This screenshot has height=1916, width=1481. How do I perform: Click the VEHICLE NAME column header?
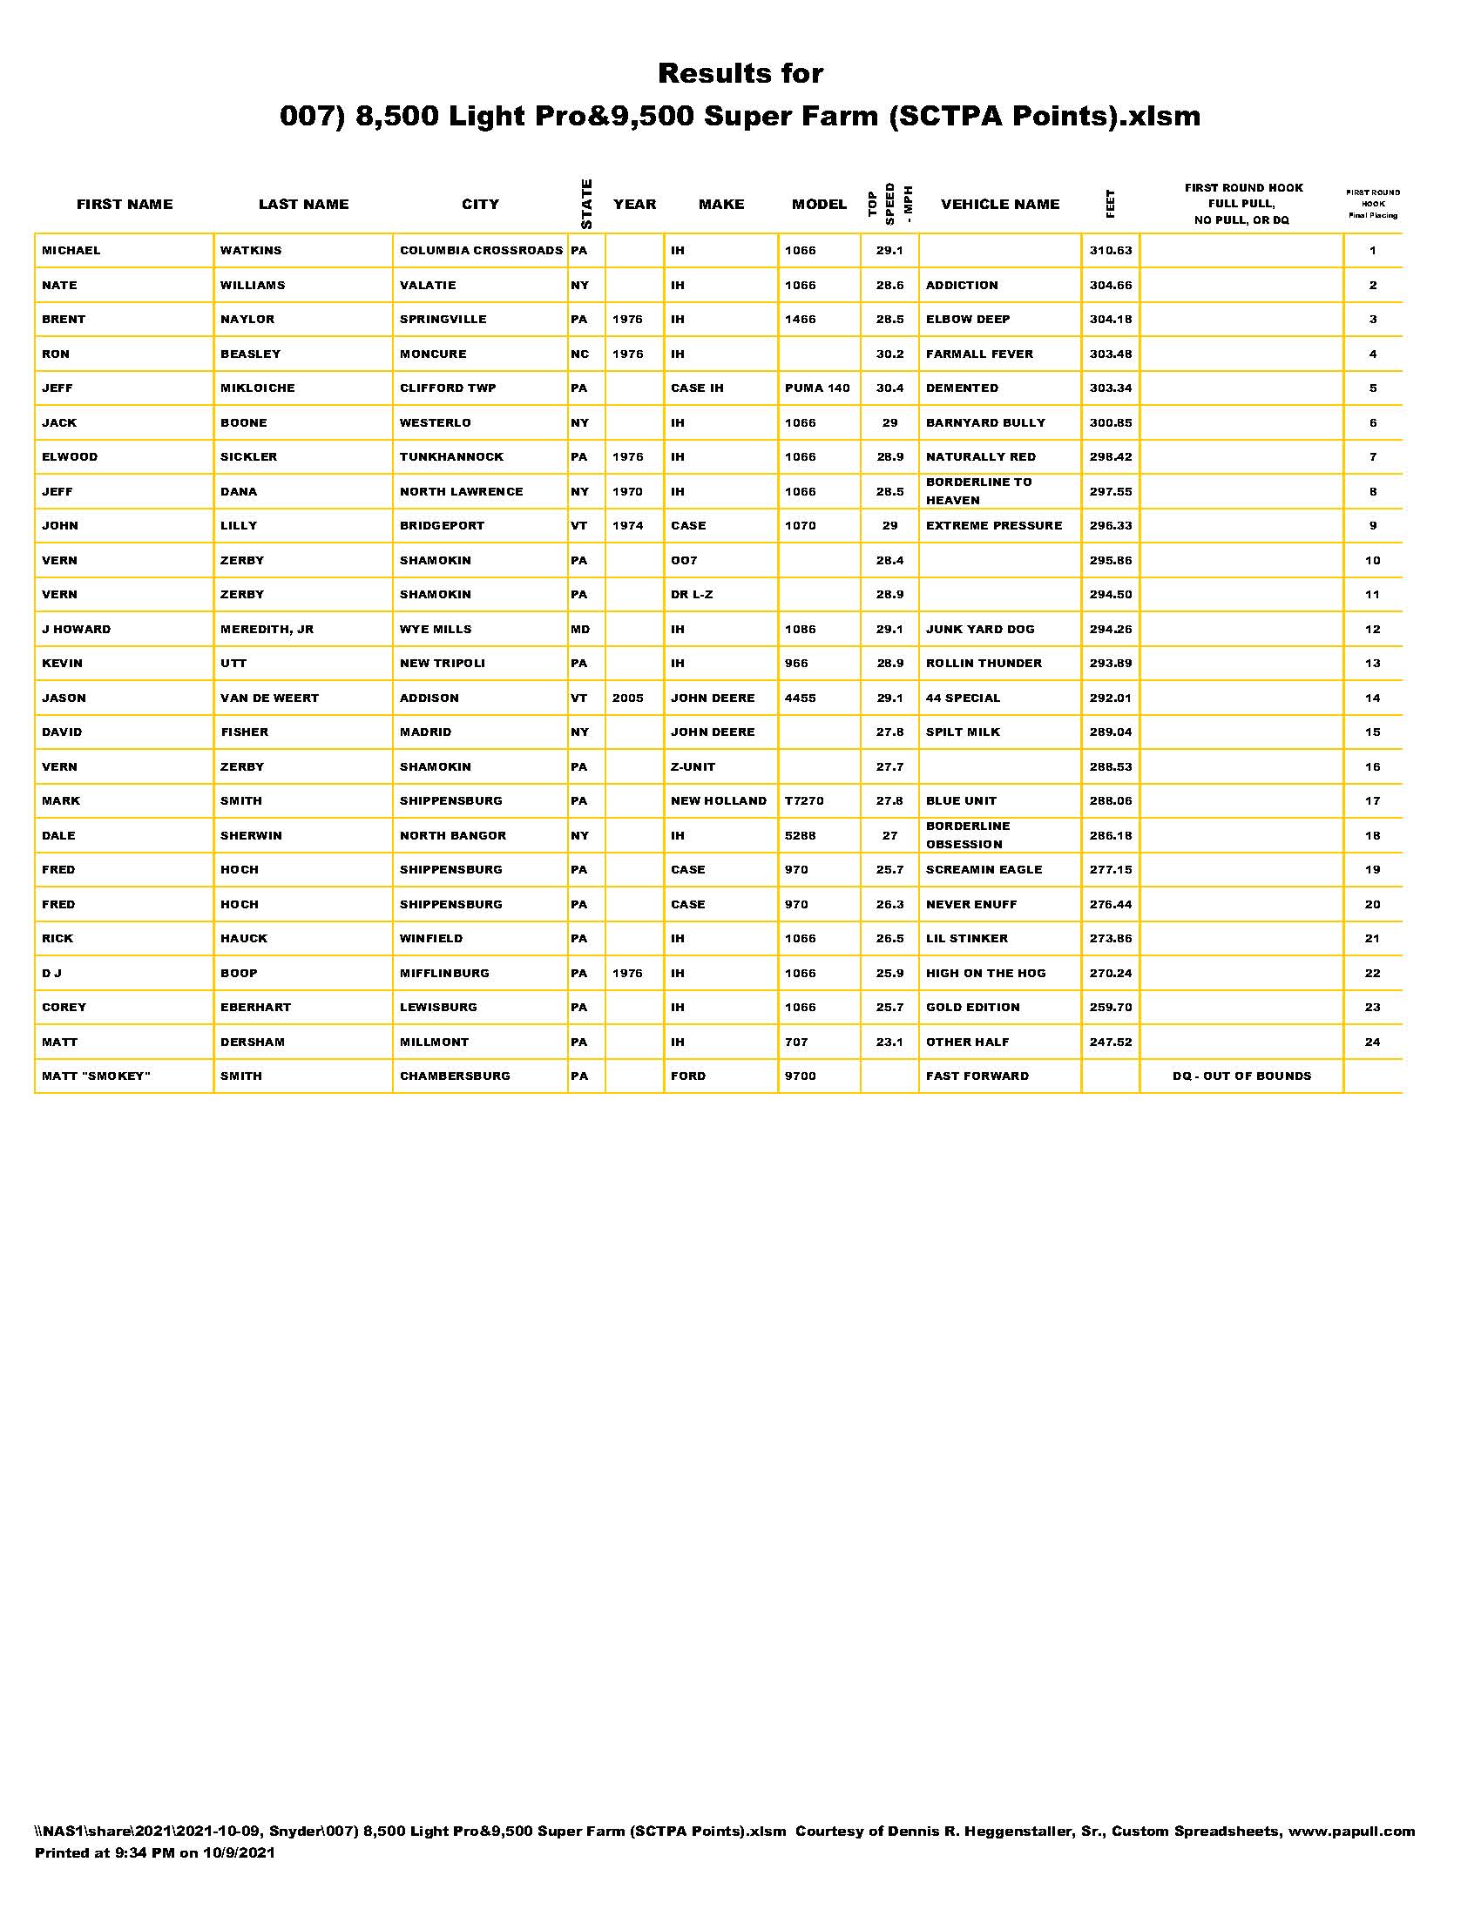click(x=999, y=205)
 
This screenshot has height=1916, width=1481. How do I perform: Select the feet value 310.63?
click(x=1110, y=251)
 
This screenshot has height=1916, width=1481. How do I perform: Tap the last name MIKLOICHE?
click(x=257, y=388)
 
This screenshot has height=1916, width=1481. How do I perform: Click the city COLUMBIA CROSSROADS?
click(x=481, y=251)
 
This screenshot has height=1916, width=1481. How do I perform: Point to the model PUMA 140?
click(x=817, y=388)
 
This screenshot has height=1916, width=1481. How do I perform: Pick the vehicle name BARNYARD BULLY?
click(x=985, y=423)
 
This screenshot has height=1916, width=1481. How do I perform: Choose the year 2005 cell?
click(x=627, y=698)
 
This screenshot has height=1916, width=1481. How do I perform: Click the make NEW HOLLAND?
click(x=718, y=801)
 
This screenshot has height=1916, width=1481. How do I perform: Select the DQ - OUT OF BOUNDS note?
click(x=1241, y=1076)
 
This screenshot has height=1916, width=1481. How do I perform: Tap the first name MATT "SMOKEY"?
click(x=96, y=1076)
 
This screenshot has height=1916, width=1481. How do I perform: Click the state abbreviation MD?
click(x=580, y=629)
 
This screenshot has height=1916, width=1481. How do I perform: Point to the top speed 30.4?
click(x=889, y=388)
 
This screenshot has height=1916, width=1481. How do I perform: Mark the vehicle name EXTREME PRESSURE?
click(x=993, y=525)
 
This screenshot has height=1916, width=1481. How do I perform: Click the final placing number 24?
click(x=1372, y=1042)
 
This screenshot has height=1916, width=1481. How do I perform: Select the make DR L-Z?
click(x=692, y=595)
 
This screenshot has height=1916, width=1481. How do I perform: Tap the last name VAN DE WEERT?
click(x=269, y=698)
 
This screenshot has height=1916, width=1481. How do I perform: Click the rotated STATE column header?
click(x=586, y=204)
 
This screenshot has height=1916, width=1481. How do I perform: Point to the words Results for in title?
click(x=740, y=74)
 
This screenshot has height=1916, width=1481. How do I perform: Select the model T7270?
click(x=804, y=801)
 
